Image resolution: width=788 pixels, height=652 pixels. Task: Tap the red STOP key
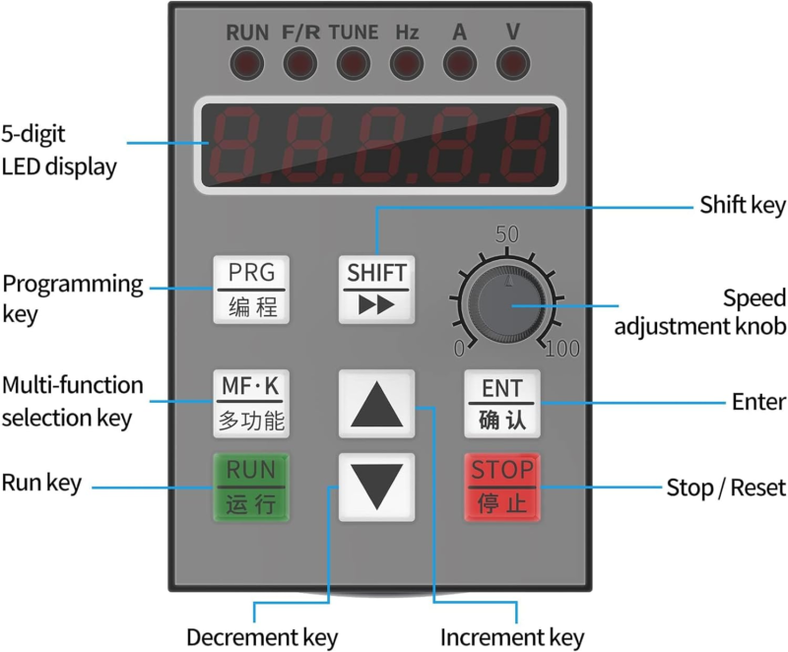point(502,487)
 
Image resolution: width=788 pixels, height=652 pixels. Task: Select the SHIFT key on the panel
point(376,289)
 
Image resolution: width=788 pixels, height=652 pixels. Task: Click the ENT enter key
point(502,403)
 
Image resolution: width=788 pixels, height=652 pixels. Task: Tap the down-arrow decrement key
point(376,487)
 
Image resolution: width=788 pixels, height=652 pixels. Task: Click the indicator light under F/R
point(299,65)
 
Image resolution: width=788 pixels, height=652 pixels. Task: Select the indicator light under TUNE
point(353,65)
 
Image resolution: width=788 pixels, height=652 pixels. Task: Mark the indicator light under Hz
point(406,65)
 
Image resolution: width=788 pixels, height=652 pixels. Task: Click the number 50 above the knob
point(506,235)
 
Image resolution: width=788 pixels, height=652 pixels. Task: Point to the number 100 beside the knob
point(562,348)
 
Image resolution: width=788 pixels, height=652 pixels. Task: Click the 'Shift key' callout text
point(742,206)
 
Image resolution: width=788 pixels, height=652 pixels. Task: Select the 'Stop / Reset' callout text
point(726,488)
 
